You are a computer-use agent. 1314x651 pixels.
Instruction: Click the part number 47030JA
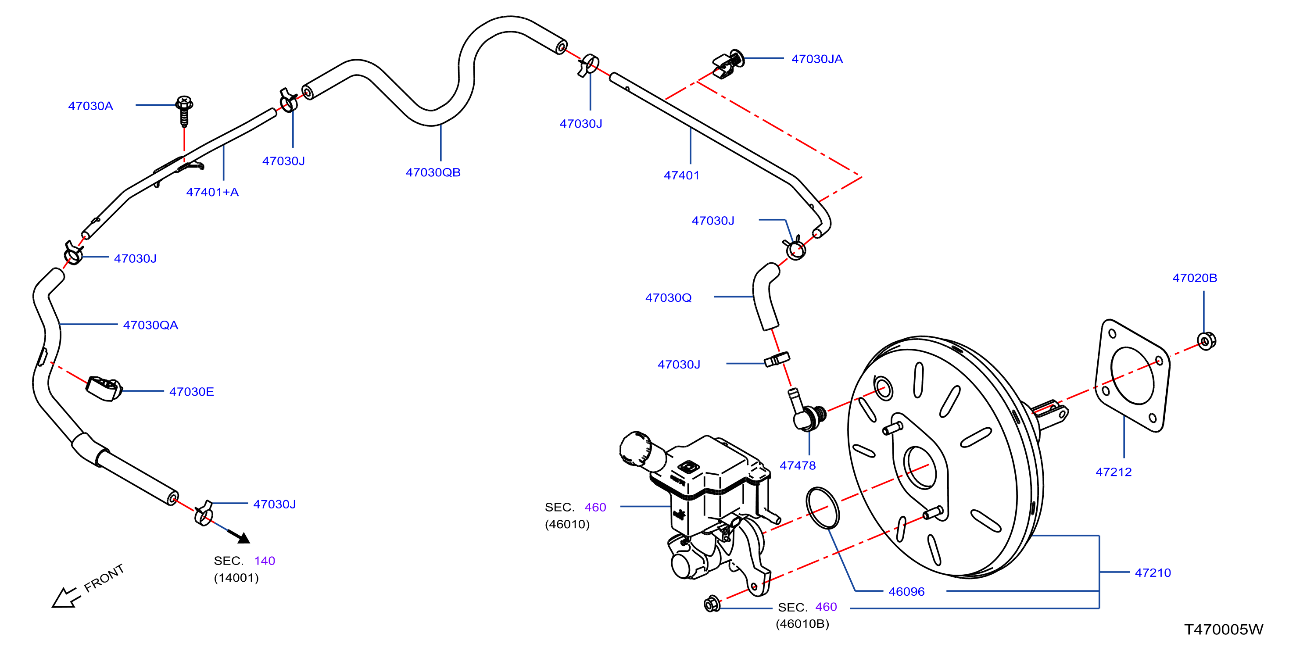816,59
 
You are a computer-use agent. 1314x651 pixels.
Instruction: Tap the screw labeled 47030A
184,110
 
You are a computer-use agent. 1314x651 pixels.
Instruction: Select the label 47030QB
433,172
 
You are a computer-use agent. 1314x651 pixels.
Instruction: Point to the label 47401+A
212,192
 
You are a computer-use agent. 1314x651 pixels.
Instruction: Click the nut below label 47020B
1207,341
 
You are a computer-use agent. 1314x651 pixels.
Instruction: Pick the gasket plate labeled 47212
1132,375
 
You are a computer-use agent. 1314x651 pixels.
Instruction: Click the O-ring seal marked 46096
822,508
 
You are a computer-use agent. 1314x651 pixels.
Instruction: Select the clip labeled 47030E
104,389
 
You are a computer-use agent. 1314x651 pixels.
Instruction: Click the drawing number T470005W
1223,630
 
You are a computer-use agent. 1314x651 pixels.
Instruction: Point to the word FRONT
104,578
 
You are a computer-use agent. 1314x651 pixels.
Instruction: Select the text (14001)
236,578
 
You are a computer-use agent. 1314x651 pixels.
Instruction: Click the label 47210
1152,573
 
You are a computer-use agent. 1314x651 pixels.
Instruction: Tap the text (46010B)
802,624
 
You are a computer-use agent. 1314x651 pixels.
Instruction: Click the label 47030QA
150,325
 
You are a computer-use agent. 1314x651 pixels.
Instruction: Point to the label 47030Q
668,298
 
